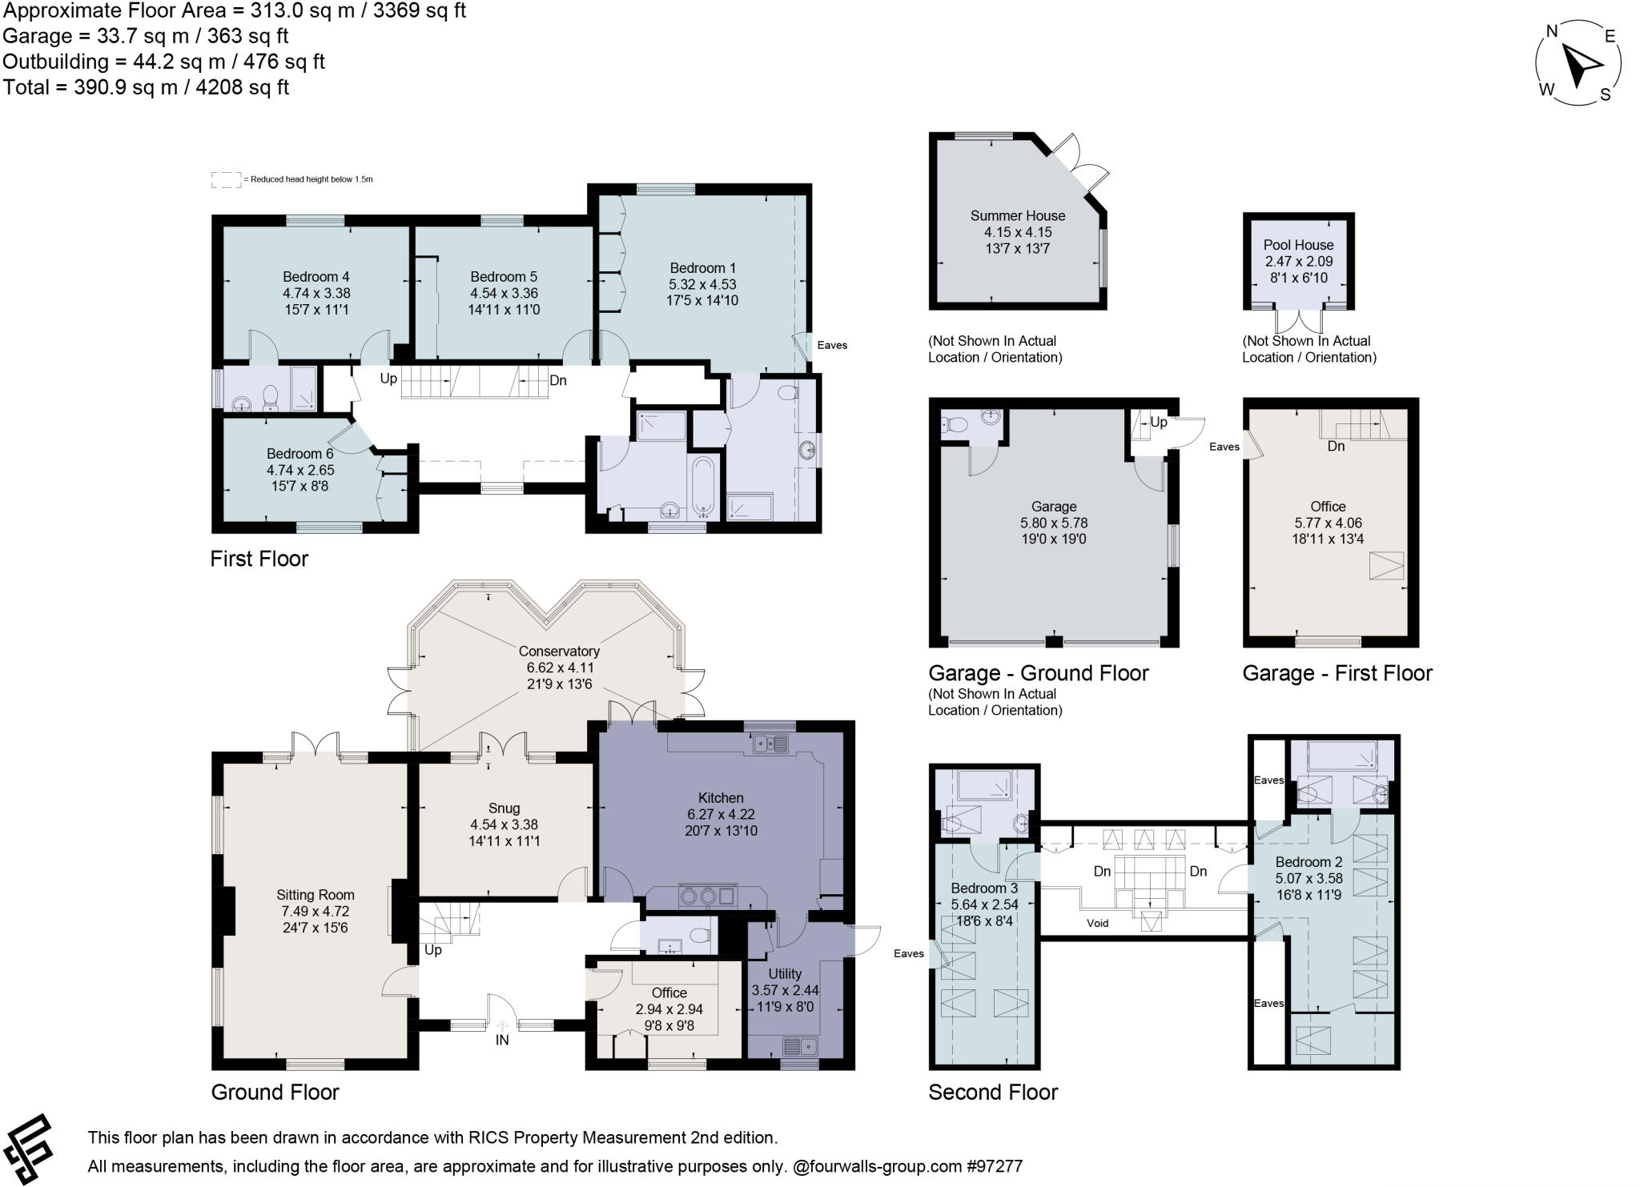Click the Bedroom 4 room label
tap(316, 277)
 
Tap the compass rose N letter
tap(1551, 31)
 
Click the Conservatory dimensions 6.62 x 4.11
tap(559, 668)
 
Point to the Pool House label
tap(1298, 245)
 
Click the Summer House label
tap(1017, 215)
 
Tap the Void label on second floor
tap(1097, 923)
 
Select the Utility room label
tap(785, 974)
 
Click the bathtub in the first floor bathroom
tap(703, 484)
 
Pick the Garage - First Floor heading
tap(1337, 673)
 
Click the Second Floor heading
tap(992, 1092)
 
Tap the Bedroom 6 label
tap(299, 454)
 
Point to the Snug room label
tap(504, 808)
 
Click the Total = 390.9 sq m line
tap(146, 87)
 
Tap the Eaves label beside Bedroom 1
tap(832, 345)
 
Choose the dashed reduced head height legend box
tap(226, 179)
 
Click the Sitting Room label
tap(315, 895)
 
